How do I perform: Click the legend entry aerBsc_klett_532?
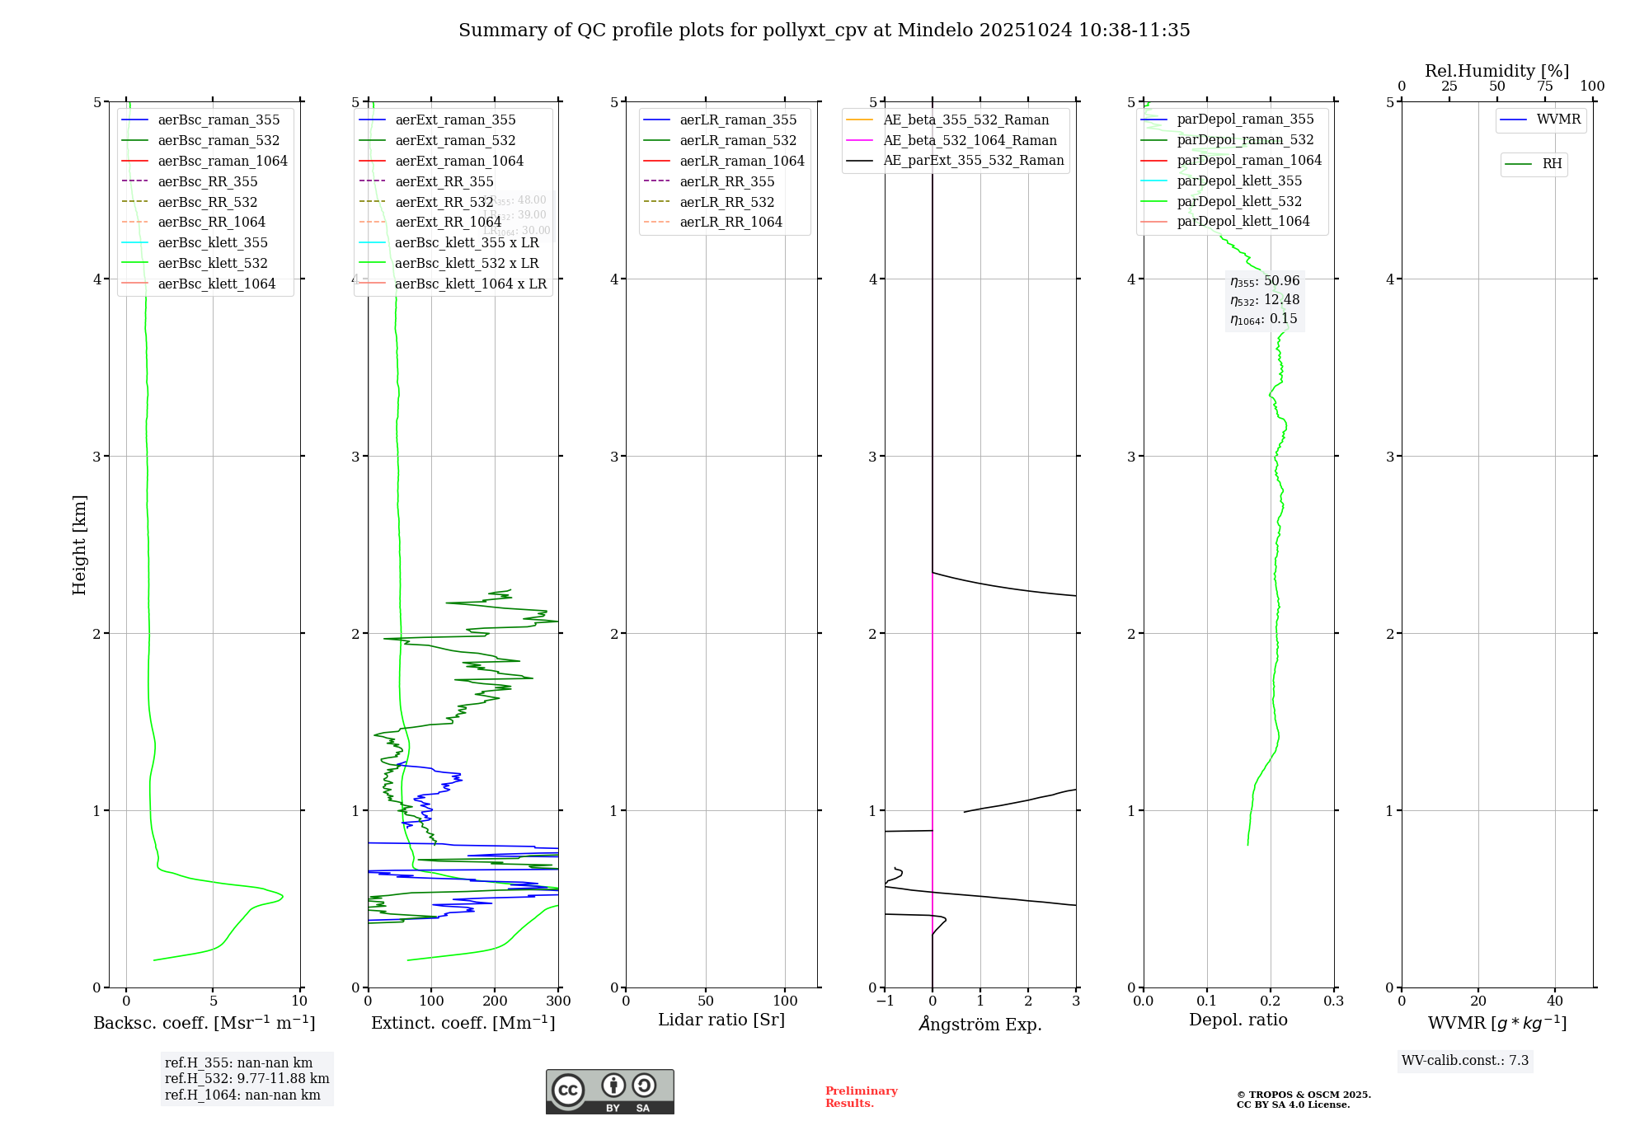(x=213, y=263)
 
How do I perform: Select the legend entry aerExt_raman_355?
(x=455, y=120)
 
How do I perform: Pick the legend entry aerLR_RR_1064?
(x=731, y=223)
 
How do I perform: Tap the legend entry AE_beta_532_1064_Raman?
(x=970, y=141)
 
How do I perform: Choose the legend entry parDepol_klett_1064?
(x=1243, y=222)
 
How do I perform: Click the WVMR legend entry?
(x=1558, y=120)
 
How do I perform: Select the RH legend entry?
(x=1552, y=164)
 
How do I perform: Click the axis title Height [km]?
(x=79, y=544)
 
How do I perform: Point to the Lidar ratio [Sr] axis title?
(x=721, y=1020)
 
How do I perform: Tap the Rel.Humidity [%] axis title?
(x=1496, y=71)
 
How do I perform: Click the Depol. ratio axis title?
(x=1238, y=1020)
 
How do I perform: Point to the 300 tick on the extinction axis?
(x=558, y=1001)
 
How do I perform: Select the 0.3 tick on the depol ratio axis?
(x=1333, y=1001)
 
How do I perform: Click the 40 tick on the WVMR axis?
(x=1554, y=1001)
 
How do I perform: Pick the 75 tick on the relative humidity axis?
(x=1544, y=87)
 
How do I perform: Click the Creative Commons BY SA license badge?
(x=609, y=1091)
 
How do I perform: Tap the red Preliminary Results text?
(x=861, y=1097)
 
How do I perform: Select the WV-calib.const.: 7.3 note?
(x=1464, y=1061)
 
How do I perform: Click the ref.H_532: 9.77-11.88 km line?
(x=247, y=1079)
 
